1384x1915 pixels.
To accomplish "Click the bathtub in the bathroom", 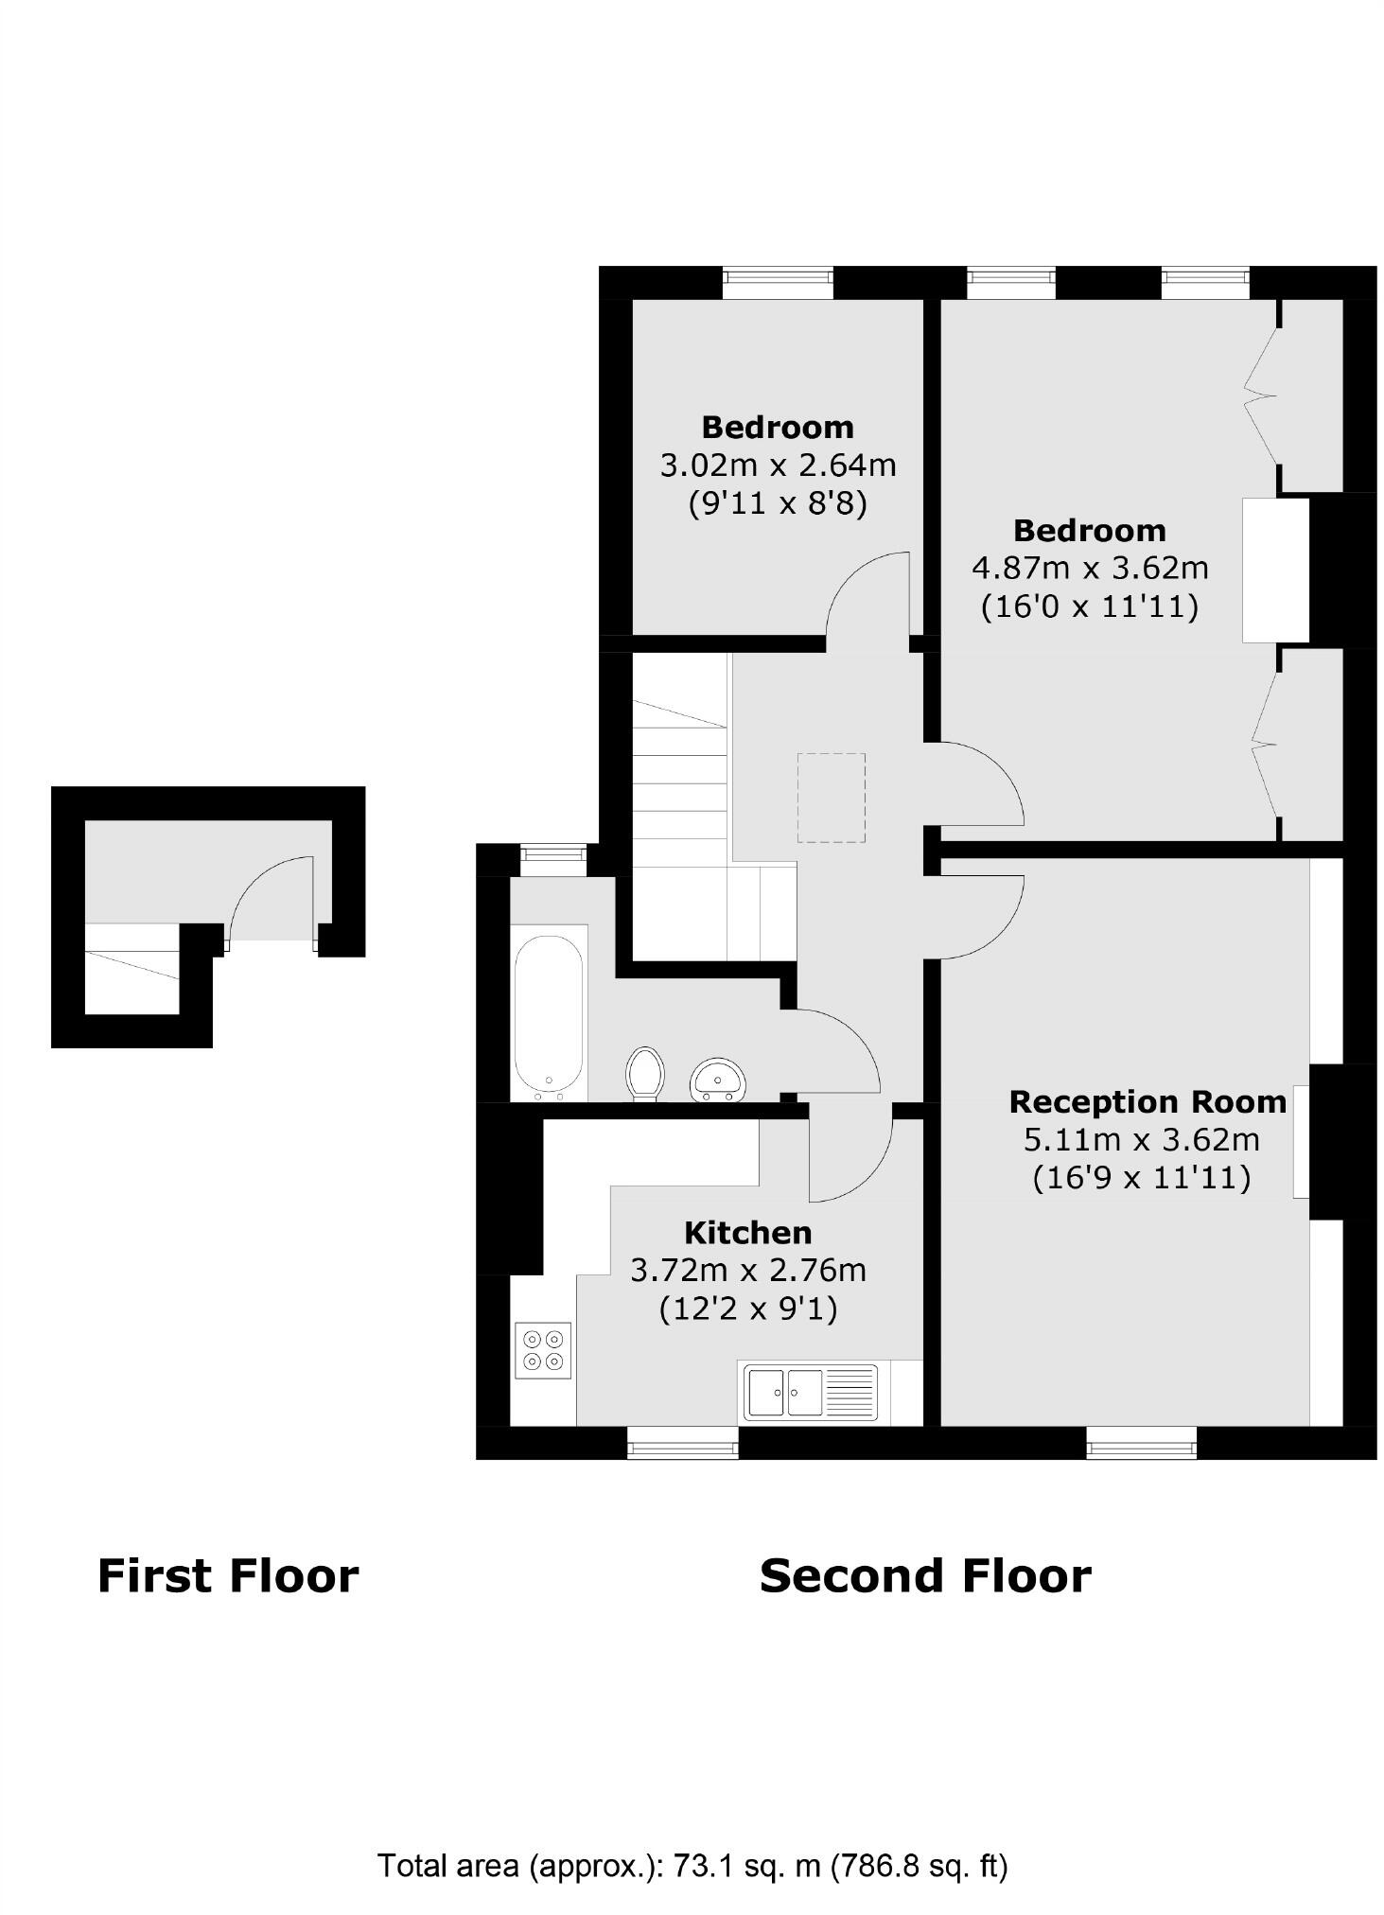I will coord(548,1017).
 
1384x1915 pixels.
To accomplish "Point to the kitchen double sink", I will coord(810,1392).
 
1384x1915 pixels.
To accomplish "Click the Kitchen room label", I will coord(747,1232).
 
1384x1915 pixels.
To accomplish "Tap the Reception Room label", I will coord(1147,1101).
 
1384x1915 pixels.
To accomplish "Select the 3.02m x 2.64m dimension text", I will coord(777,466).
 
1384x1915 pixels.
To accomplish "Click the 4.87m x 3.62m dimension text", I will coord(1090,568).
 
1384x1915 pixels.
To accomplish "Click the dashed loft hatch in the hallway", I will coord(831,798).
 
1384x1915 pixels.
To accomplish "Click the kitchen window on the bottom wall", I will coord(682,1442).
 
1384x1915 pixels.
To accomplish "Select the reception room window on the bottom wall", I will coord(1141,1442).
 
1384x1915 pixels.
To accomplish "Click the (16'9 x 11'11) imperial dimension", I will coord(1141,1178).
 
